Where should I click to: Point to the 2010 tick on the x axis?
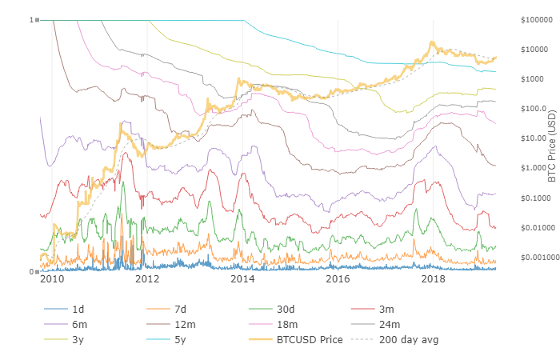[52, 279]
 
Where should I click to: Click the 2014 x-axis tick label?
[242, 279]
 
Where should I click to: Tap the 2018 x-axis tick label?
[434, 279]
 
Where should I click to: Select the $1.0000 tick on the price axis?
[530, 168]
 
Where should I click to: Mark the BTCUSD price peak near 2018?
[432, 42]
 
